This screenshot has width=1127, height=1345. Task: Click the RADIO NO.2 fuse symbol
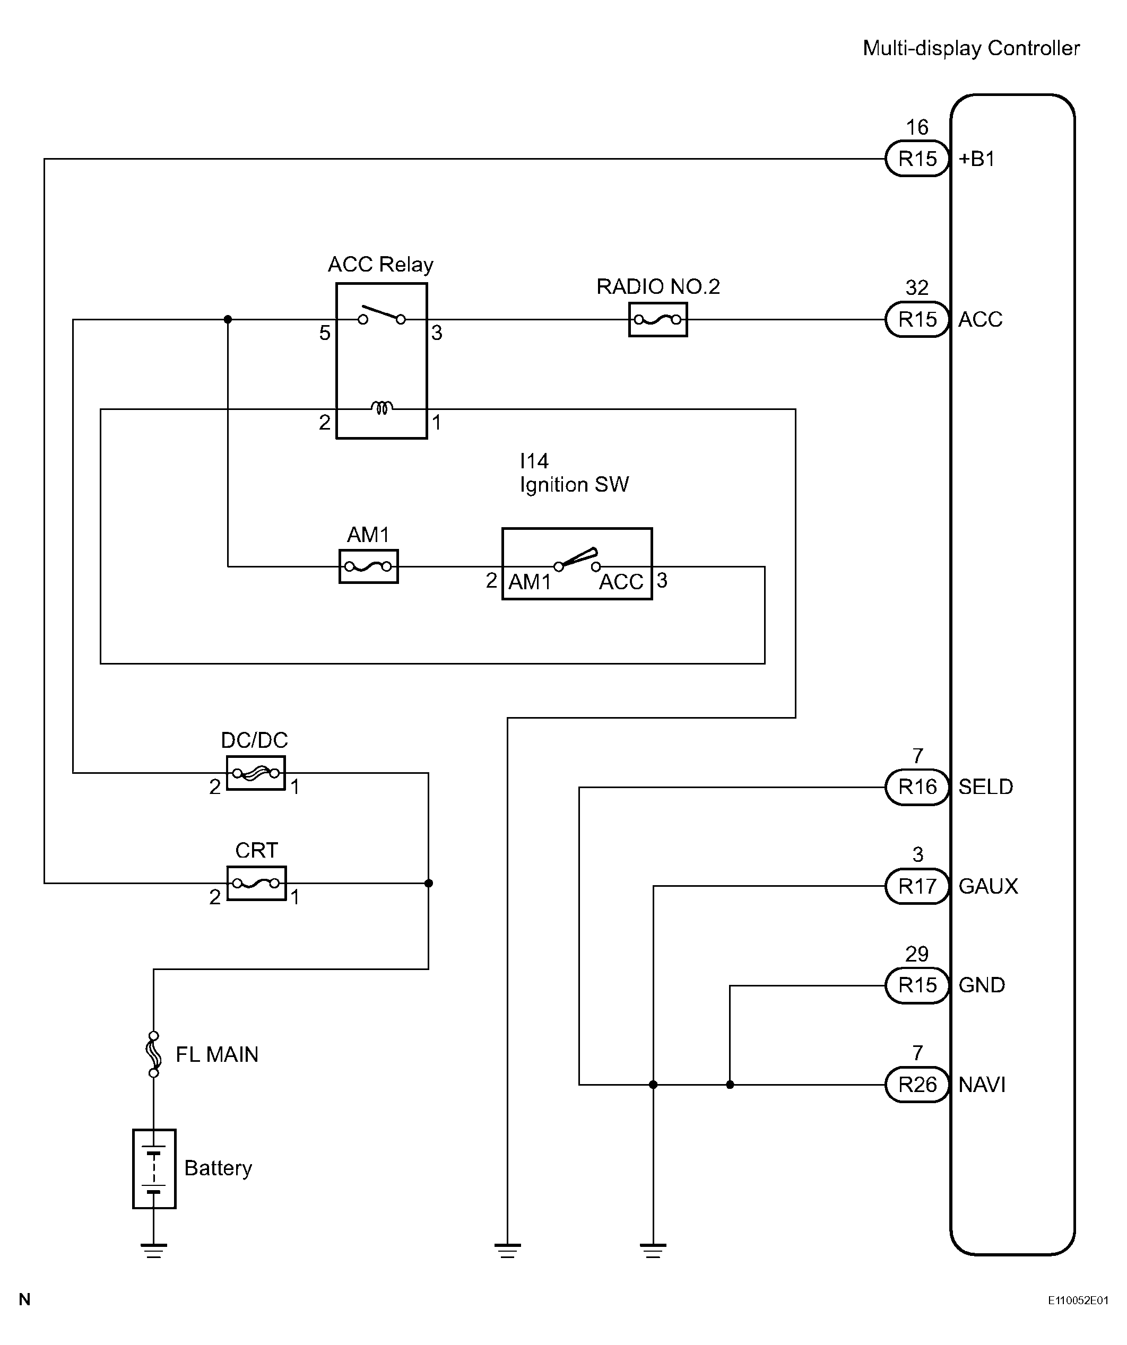[x=657, y=319]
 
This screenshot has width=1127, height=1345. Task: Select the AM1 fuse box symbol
[x=368, y=566]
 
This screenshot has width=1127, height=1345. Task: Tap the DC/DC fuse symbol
[x=256, y=773]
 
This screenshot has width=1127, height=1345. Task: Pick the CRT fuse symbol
[x=256, y=883]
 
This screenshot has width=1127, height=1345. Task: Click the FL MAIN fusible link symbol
[x=154, y=1054]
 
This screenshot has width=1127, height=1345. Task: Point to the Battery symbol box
[x=154, y=1169]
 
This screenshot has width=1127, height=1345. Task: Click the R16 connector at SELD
[x=917, y=787]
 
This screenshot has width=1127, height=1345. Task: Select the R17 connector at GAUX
[x=917, y=886]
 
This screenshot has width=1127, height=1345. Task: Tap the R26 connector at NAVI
[x=917, y=1084]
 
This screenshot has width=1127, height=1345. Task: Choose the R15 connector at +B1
[x=917, y=158]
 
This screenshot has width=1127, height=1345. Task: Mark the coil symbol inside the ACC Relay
[x=382, y=407]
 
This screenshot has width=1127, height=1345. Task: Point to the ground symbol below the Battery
[x=154, y=1251]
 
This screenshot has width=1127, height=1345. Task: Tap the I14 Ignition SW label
[x=574, y=473]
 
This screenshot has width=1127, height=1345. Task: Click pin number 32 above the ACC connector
[x=917, y=287]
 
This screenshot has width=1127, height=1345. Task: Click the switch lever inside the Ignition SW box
[x=578, y=557]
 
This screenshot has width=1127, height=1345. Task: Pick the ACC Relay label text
[x=380, y=264]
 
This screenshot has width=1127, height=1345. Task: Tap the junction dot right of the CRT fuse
[x=429, y=883]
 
